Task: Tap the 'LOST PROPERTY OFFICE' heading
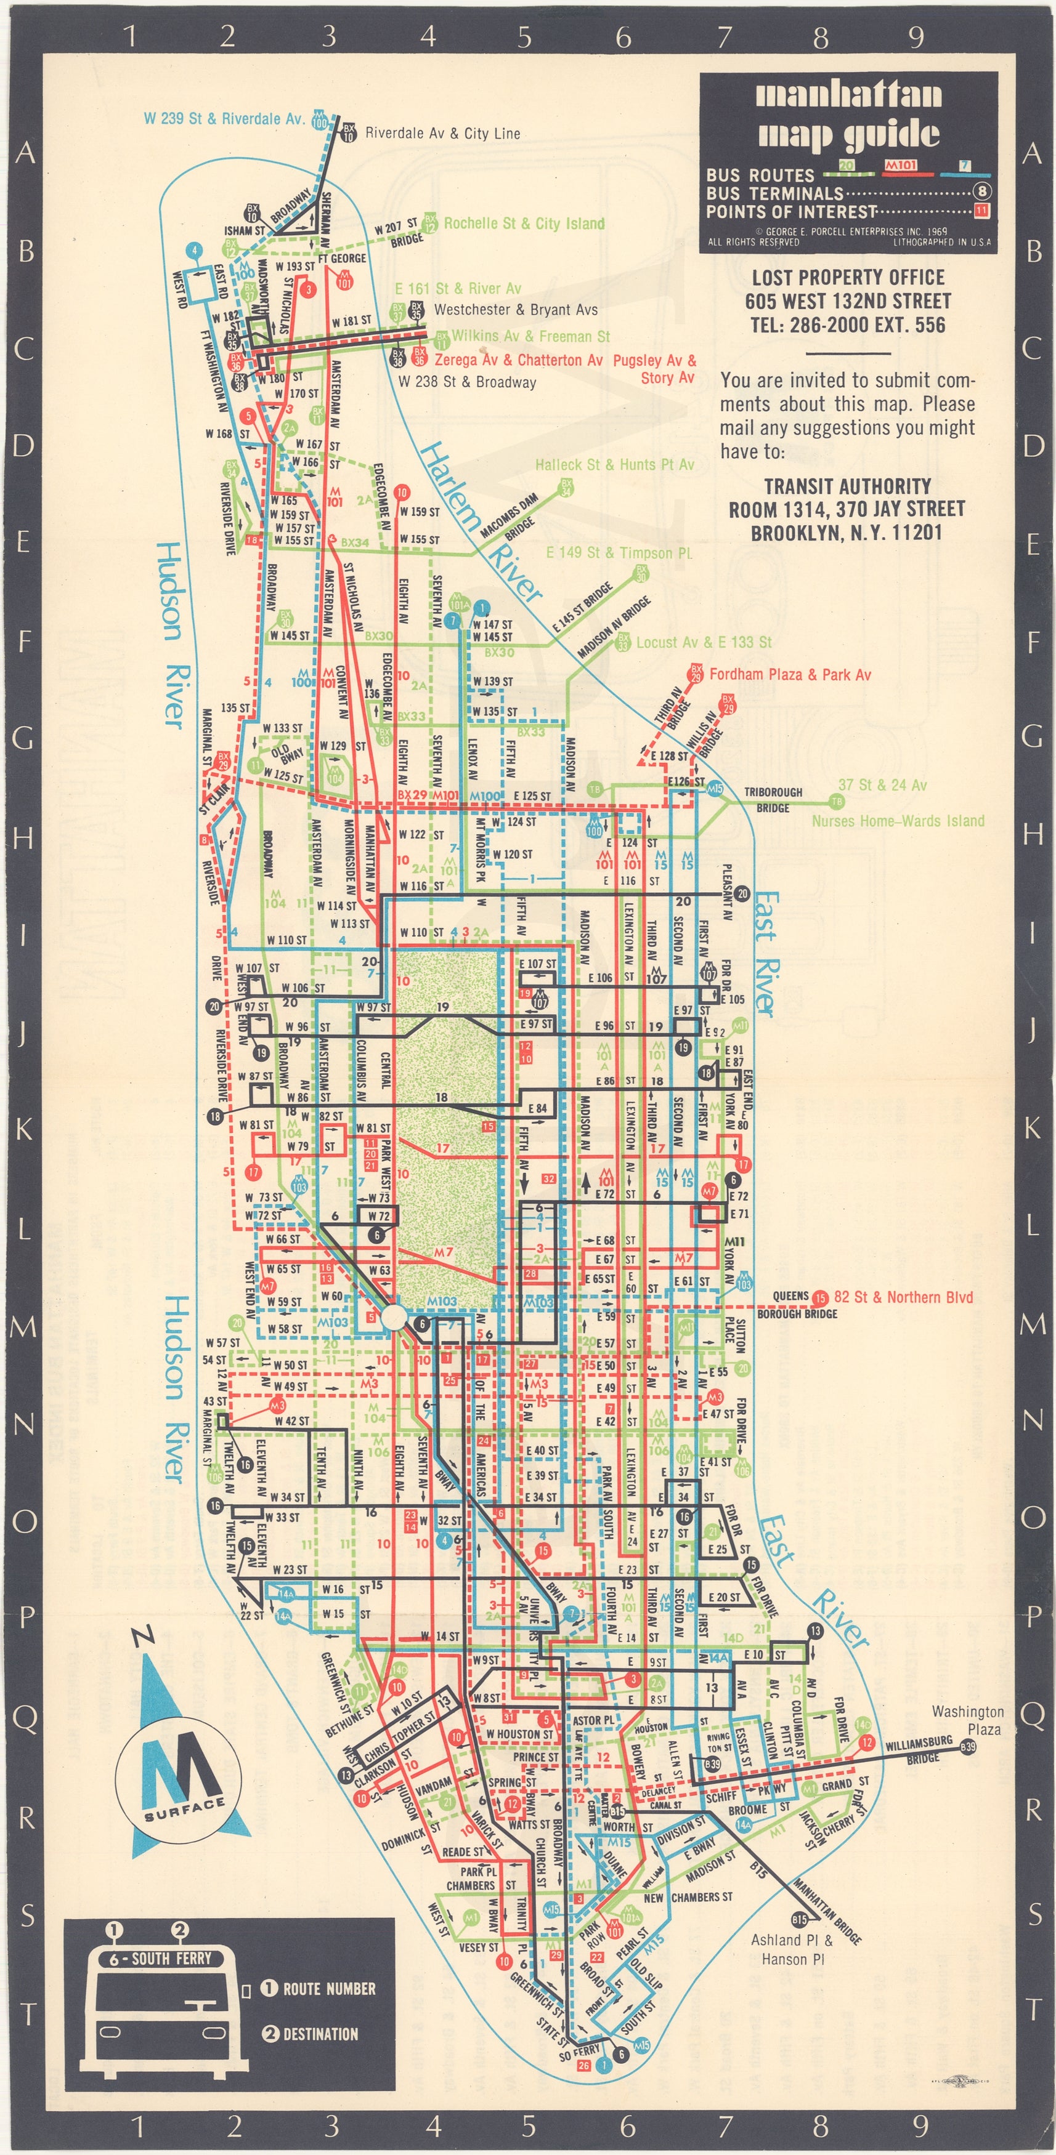click(848, 278)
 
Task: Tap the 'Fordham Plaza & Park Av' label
click(790, 674)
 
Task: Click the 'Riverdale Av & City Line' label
click(442, 133)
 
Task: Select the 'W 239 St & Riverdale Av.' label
click(224, 119)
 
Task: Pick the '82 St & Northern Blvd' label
click(903, 1297)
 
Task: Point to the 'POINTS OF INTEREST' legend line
click(790, 212)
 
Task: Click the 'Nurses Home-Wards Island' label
click(898, 821)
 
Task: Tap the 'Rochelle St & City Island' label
click(524, 224)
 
